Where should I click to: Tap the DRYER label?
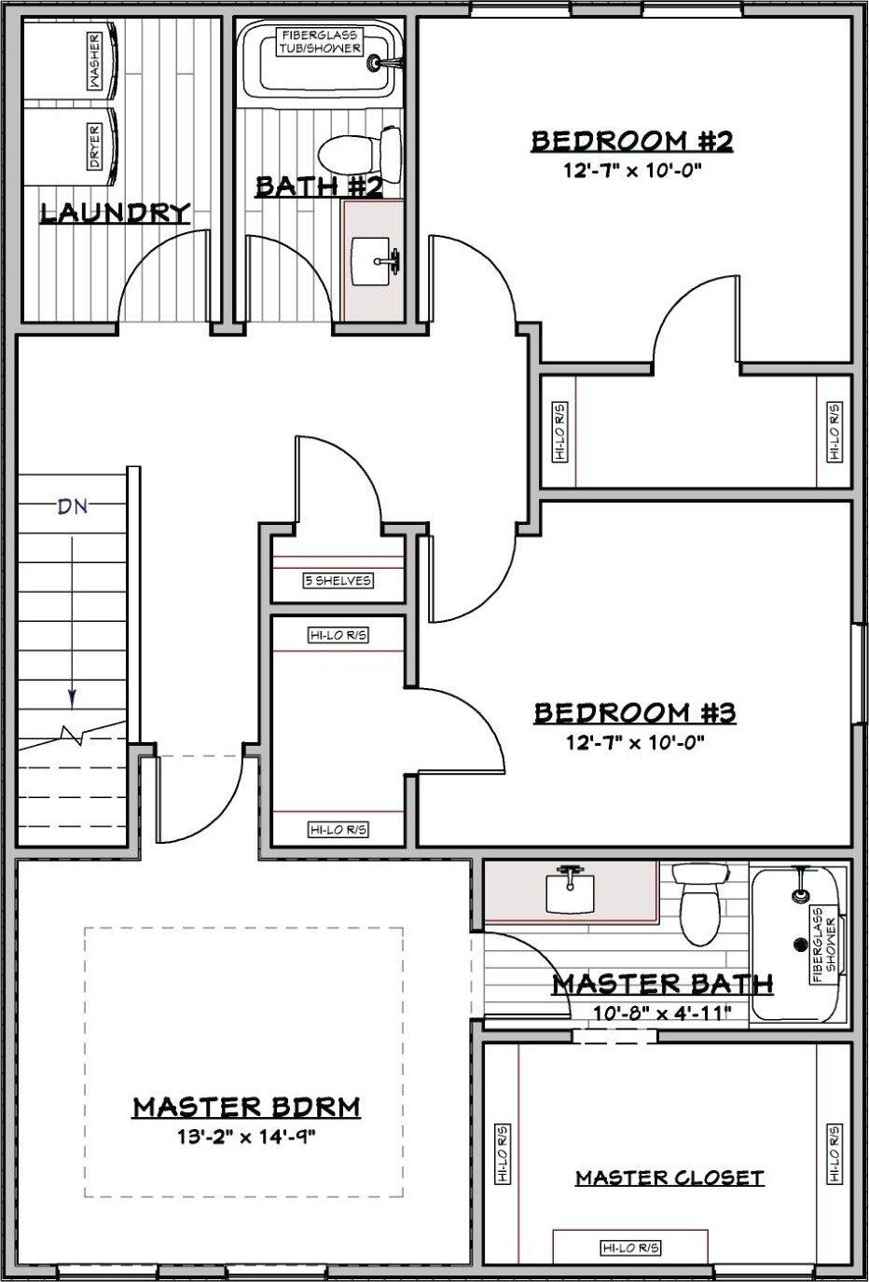point(94,146)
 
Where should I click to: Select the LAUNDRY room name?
point(115,213)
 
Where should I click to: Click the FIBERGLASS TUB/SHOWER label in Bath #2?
point(320,42)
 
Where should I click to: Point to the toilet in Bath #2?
point(360,155)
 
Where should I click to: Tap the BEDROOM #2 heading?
point(632,141)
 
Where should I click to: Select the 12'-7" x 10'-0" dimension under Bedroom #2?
point(633,170)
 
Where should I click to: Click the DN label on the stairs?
point(73,506)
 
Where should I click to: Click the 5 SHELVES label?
point(338,581)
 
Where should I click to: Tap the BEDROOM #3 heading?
point(635,713)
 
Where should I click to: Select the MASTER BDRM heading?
point(247,1107)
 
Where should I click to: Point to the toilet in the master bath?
point(700,904)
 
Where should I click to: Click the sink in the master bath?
point(571,889)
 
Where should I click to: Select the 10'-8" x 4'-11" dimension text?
point(662,1013)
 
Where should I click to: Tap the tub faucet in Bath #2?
point(385,62)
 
